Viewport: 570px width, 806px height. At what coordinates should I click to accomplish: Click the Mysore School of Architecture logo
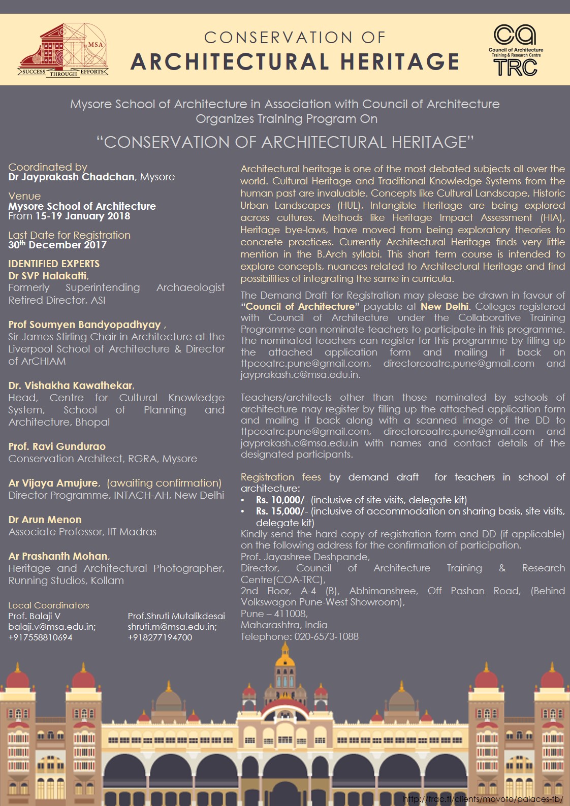point(63,50)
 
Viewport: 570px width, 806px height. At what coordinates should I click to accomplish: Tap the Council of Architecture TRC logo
point(515,50)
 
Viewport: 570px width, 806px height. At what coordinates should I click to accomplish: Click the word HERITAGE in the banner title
point(400,62)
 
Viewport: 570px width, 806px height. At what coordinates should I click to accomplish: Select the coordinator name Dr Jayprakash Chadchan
point(72,177)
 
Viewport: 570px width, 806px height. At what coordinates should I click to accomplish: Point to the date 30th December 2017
point(57,245)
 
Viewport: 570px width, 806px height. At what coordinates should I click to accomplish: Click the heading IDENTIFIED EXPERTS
point(54,264)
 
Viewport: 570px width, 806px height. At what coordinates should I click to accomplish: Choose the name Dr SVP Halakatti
point(48,276)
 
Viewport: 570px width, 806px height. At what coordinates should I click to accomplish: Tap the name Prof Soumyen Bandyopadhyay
point(84,325)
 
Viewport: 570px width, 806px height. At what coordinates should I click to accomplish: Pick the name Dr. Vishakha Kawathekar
point(71,385)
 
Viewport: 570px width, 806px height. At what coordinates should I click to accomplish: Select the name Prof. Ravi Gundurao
point(57,446)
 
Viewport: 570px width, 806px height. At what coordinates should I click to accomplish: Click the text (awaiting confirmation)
point(164,483)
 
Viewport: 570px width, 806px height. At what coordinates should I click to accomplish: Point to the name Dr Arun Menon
point(45,520)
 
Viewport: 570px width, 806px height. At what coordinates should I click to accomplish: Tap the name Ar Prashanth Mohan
point(58,556)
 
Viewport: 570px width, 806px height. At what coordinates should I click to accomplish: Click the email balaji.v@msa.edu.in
point(52,627)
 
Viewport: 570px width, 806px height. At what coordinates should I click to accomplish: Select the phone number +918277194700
point(160,637)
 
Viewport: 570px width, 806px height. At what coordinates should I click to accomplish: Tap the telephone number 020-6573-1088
point(326,637)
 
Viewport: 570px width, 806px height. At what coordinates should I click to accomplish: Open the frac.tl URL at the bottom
point(483,799)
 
